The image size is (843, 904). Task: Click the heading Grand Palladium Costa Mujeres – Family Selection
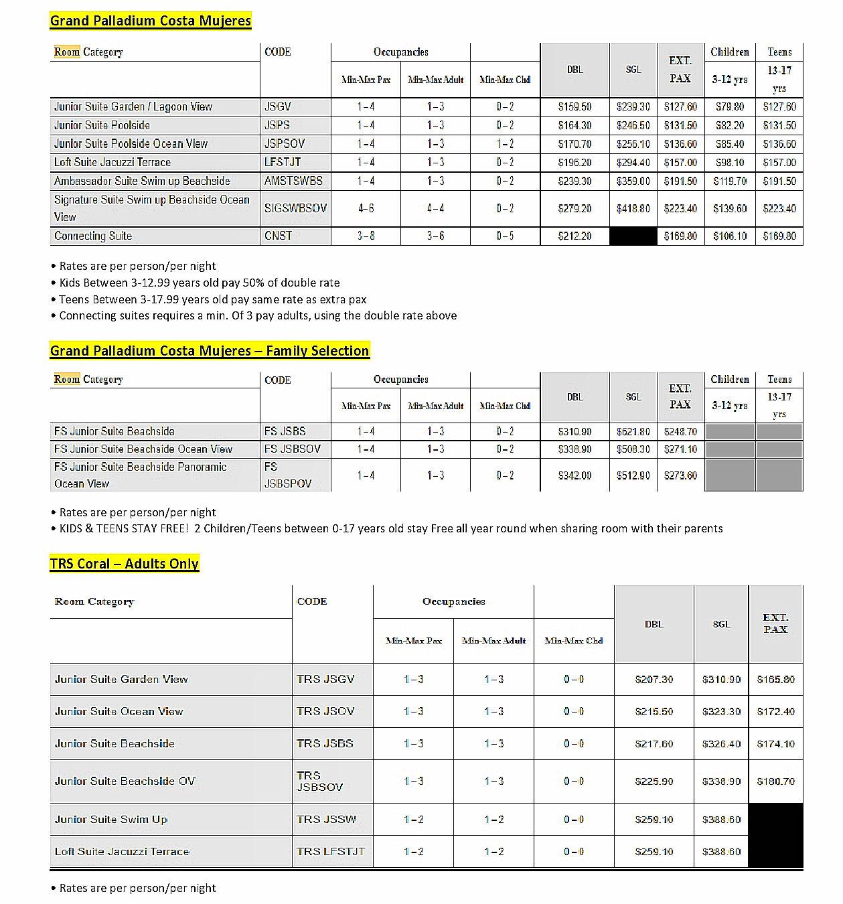[x=210, y=351]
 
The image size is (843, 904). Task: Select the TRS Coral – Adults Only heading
[x=125, y=564]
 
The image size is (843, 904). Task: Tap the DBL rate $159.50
[x=574, y=107]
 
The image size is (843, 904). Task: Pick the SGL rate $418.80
[x=633, y=209]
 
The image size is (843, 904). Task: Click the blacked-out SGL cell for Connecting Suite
[x=633, y=236]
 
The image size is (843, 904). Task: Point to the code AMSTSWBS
[x=293, y=181]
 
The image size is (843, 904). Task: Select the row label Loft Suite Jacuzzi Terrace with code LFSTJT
[x=112, y=163]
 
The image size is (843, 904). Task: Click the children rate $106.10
[x=729, y=236]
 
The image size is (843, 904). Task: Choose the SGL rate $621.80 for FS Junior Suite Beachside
[x=633, y=432]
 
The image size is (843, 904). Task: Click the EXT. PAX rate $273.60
[x=680, y=475]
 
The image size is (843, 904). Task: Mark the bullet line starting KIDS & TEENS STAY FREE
[x=391, y=528]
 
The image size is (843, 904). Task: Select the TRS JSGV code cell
[x=325, y=680]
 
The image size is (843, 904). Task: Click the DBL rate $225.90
[x=654, y=781]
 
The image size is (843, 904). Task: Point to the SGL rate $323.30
[x=721, y=712]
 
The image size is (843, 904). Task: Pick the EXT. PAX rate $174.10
[x=775, y=744]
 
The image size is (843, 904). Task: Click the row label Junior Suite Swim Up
[x=111, y=820]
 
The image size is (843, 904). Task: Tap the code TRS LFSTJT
[x=331, y=852]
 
